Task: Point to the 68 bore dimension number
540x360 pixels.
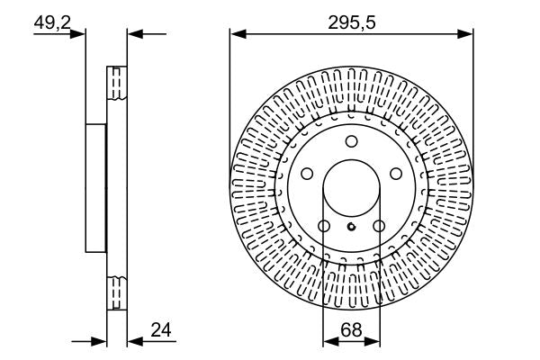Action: [351, 331]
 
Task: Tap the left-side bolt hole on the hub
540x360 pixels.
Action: [306, 174]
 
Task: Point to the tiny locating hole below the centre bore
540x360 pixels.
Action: [351, 227]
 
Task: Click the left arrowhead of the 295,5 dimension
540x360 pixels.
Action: [236, 35]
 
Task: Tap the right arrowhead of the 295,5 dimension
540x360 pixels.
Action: [468, 35]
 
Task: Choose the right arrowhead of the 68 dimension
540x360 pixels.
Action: [375, 342]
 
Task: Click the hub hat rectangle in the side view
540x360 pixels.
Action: [96, 188]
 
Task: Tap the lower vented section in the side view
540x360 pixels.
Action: [115, 292]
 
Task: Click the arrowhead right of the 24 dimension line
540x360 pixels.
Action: [134, 342]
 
